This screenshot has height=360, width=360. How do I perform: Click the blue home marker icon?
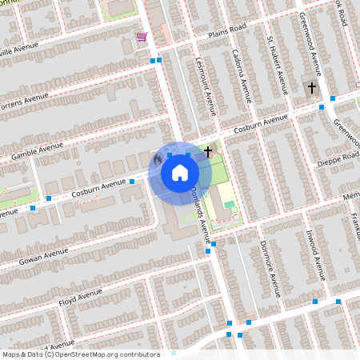click(180, 172)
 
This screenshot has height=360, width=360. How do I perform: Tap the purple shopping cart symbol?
click(142, 37)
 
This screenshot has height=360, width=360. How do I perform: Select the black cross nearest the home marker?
click(209, 150)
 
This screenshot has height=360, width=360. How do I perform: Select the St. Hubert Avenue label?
click(277, 65)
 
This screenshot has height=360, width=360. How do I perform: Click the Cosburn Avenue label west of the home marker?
click(98, 188)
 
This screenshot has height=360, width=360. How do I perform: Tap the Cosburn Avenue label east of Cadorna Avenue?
click(260, 124)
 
